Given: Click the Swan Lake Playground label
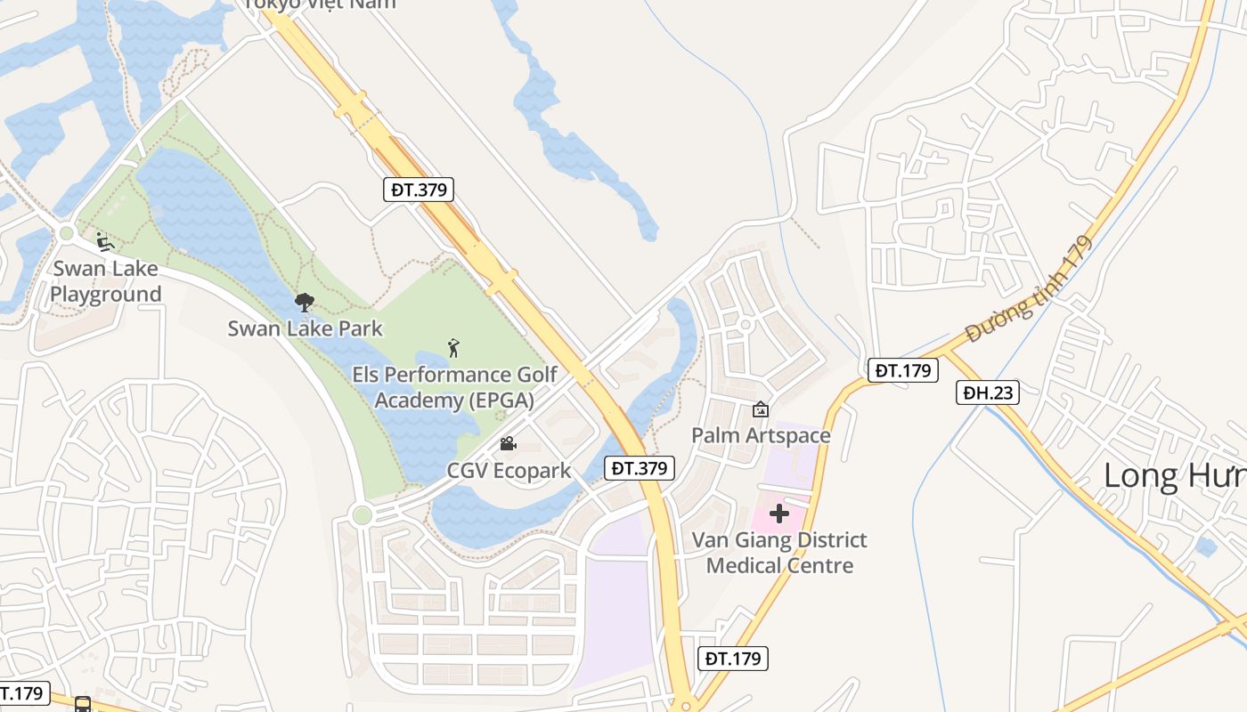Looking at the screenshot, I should (106, 281).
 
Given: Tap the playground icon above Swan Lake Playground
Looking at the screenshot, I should (104, 241).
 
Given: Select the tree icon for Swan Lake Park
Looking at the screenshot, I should (305, 303).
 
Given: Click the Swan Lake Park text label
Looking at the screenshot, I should (305, 328).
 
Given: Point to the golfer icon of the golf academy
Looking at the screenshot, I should (454, 348).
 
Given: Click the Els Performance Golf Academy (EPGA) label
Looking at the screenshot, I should (454, 387).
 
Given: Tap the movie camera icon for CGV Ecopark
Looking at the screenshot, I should (508, 443).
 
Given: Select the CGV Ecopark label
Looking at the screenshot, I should (509, 470).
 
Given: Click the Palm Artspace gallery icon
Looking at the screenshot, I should (761, 409).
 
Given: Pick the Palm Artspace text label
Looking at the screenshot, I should (761, 435).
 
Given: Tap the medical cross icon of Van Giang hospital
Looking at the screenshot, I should (779, 514).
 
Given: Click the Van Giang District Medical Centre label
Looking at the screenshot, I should (779, 553).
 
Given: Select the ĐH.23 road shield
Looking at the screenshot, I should (987, 392).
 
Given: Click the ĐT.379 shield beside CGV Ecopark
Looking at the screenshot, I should (639, 467).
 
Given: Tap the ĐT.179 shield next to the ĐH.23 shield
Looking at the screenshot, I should (902, 370).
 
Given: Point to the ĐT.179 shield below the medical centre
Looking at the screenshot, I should (731, 659).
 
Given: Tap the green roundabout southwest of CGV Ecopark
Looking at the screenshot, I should (362, 514).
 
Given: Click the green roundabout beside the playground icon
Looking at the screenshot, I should (66, 234).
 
